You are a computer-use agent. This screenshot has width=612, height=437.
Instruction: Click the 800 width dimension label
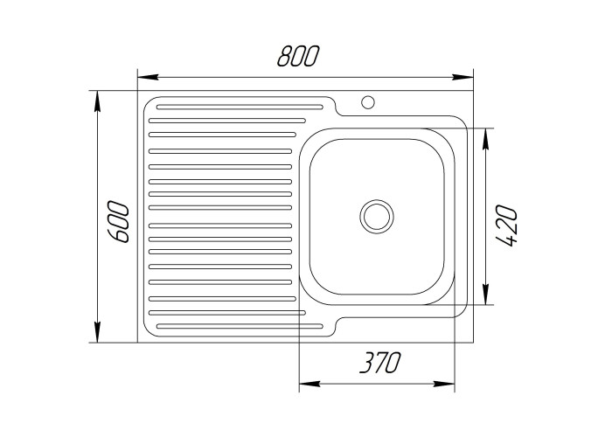click(298, 56)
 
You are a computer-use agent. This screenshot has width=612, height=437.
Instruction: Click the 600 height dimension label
click(118, 222)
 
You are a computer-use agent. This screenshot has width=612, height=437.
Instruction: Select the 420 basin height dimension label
click(508, 225)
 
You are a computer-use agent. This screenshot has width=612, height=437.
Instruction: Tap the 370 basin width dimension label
click(379, 363)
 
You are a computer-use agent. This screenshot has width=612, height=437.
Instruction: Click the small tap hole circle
click(368, 102)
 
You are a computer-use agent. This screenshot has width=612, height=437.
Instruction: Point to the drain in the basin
click(377, 217)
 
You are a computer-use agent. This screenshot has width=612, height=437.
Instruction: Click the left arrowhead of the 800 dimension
click(149, 77)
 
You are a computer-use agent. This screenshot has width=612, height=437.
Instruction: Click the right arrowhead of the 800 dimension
click(462, 77)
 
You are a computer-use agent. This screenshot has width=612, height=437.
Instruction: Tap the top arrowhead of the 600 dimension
click(98, 101)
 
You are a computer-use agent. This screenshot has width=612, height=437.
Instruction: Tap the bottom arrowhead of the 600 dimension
click(98, 332)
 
